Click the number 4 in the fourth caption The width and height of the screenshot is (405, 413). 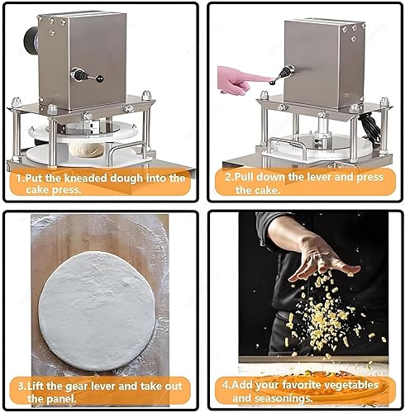point(226,386)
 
